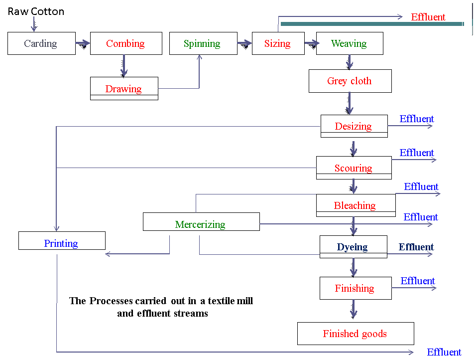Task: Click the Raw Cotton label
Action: pos(48,13)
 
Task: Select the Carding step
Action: pos(40,44)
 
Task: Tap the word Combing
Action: pos(125,44)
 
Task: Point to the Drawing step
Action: pos(123,89)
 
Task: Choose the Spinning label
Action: pos(202,44)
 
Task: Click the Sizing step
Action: pos(277,44)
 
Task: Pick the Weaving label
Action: pos(349,44)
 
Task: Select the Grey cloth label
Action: pos(349,81)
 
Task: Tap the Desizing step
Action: pos(353,127)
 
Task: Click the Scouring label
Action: pos(353,169)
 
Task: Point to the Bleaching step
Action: pos(355,206)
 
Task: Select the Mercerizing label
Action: pos(200,225)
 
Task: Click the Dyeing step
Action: pos(352,247)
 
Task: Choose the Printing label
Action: pos(61,244)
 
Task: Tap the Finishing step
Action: pos(354,289)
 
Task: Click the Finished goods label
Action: pos(355,334)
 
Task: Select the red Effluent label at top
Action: pos(428,17)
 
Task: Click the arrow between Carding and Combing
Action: pos(83,43)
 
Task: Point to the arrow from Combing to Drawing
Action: pos(124,65)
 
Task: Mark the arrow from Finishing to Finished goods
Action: pos(354,309)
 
